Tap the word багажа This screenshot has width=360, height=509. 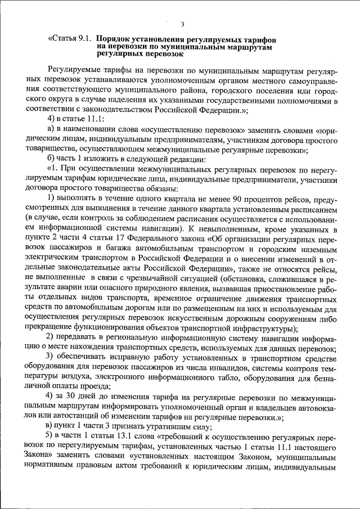127,249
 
